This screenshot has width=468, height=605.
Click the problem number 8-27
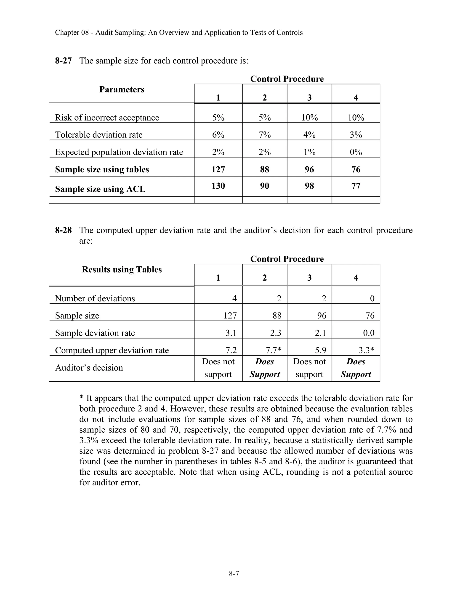pyautogui.click(x=63, y=61)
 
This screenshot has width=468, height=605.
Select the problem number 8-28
pyautogui.click(x=63, y=230)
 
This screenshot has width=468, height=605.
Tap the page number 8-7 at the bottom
pyautogui.click(x=234, y=574)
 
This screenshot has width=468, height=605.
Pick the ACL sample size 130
pyautogui.click(x=218, y=186)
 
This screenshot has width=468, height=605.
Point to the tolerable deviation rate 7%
pyautogui.click(x=264, y=135)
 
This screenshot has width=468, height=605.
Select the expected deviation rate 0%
pyautogui.click(x=356, y=152)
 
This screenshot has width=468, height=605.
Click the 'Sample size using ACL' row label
pyautogui.click(x=100, y=189)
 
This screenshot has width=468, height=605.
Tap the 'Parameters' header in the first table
pyautogui.click(x=122, y=89)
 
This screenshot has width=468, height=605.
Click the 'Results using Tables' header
pyautogui.click(x=122, y=270)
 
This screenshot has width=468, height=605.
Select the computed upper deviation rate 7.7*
pyautogui.click(x=273, y=350)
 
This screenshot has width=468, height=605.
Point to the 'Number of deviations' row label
pyautogui.click(x=95, y=298)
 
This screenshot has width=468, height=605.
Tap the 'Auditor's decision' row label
pyautogui.click(x=89, y=368)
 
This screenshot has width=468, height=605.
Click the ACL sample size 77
pyautogui.click(x=356, y=186)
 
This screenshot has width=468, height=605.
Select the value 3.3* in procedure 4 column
pyautogui.click(x=366, y=350)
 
